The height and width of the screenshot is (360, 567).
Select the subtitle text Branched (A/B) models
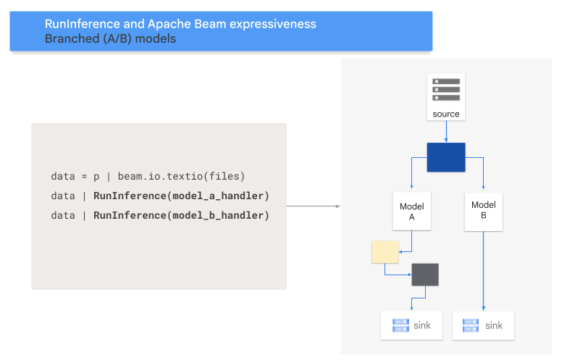coord(110,39)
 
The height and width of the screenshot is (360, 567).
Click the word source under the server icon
coord(446,114)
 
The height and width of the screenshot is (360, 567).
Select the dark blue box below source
coord(446,157)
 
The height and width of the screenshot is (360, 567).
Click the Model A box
coord(412,212)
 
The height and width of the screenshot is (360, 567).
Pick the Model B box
coord(484,210)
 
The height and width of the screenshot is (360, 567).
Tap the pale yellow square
coord(385,252)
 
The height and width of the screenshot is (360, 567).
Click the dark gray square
coord(425,275)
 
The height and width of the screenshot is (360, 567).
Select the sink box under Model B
coord(484,325)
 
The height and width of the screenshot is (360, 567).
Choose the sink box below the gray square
coord(412,325)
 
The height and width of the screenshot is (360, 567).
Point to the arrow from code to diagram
coord(313,206)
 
